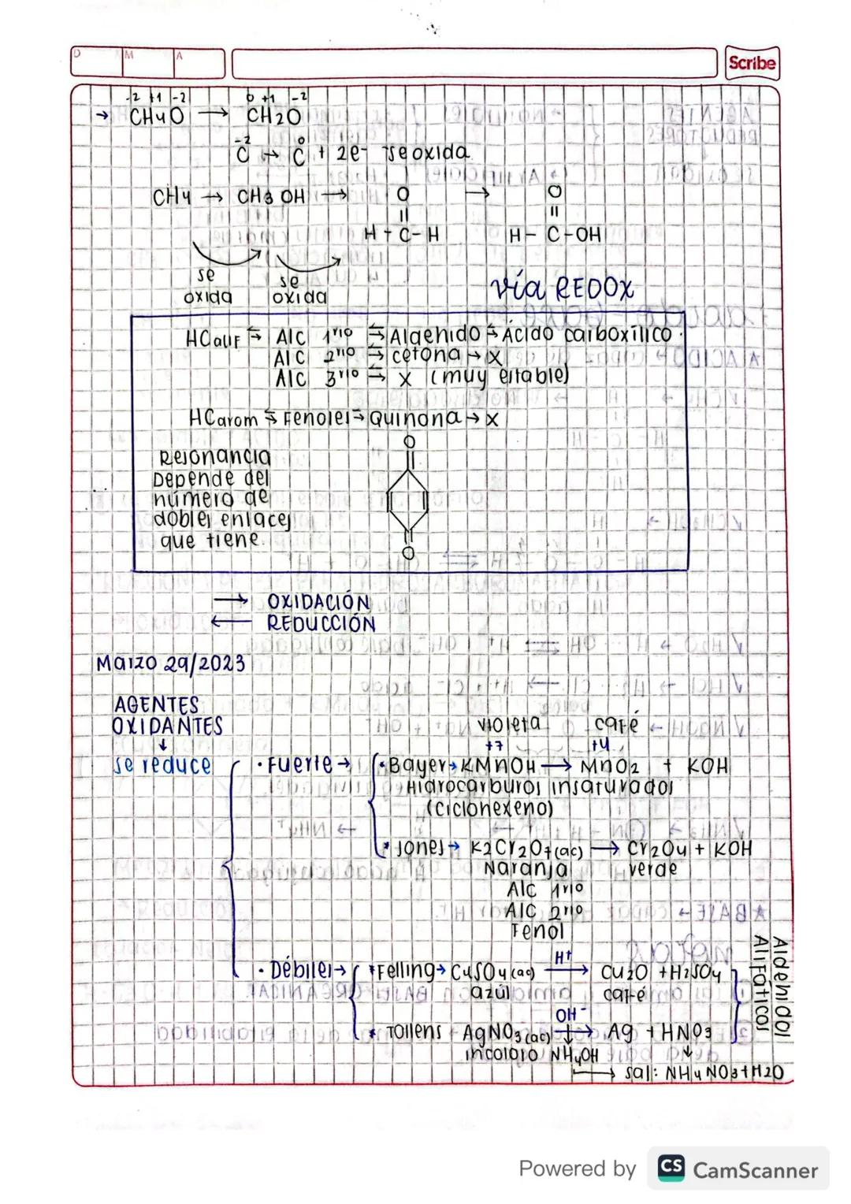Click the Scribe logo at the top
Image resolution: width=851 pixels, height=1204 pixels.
pyautogui.click(x=751, y=63)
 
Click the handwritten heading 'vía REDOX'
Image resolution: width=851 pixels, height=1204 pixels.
pyautogui.click(x=560, y=288)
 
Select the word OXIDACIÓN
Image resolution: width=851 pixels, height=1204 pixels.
pyautogui.click(x=318, y=602)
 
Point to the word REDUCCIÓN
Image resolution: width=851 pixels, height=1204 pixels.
pyautogui.click(x=321, y=623)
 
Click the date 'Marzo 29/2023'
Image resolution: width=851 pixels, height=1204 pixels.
pyautogui.click(x=170, y=663)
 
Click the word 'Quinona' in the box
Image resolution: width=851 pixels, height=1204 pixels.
pyautogui.click(x=414, y=418)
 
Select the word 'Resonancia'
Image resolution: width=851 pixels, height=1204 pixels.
pyautogui.click(x=214, y=457)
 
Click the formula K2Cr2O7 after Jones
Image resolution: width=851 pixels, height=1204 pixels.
pyautogui.click(x=526, y=849)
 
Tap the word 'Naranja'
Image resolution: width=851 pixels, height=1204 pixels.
pyautogui.click(x=525, y=868)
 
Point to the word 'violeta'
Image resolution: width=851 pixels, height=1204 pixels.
pyautogui.click(x=509, y=724)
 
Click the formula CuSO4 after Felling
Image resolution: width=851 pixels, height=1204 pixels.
pyautogui.click(x=492, y=972)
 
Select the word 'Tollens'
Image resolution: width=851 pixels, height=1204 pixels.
pyautogui.click(x=414, y=1031)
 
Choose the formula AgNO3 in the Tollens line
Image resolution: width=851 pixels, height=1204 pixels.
pyautogui.click(x=505, y=1033)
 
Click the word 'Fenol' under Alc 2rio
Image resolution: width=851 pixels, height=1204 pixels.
pyautogui.click(x=537, y=931)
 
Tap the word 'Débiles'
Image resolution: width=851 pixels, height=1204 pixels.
pyautogui.click(x=300, y=970)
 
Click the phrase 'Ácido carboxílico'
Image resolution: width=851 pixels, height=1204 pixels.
pyautogui.click(x=587, y=335)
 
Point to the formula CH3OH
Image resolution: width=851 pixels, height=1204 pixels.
pyautogui.click(x=271, y=196)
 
